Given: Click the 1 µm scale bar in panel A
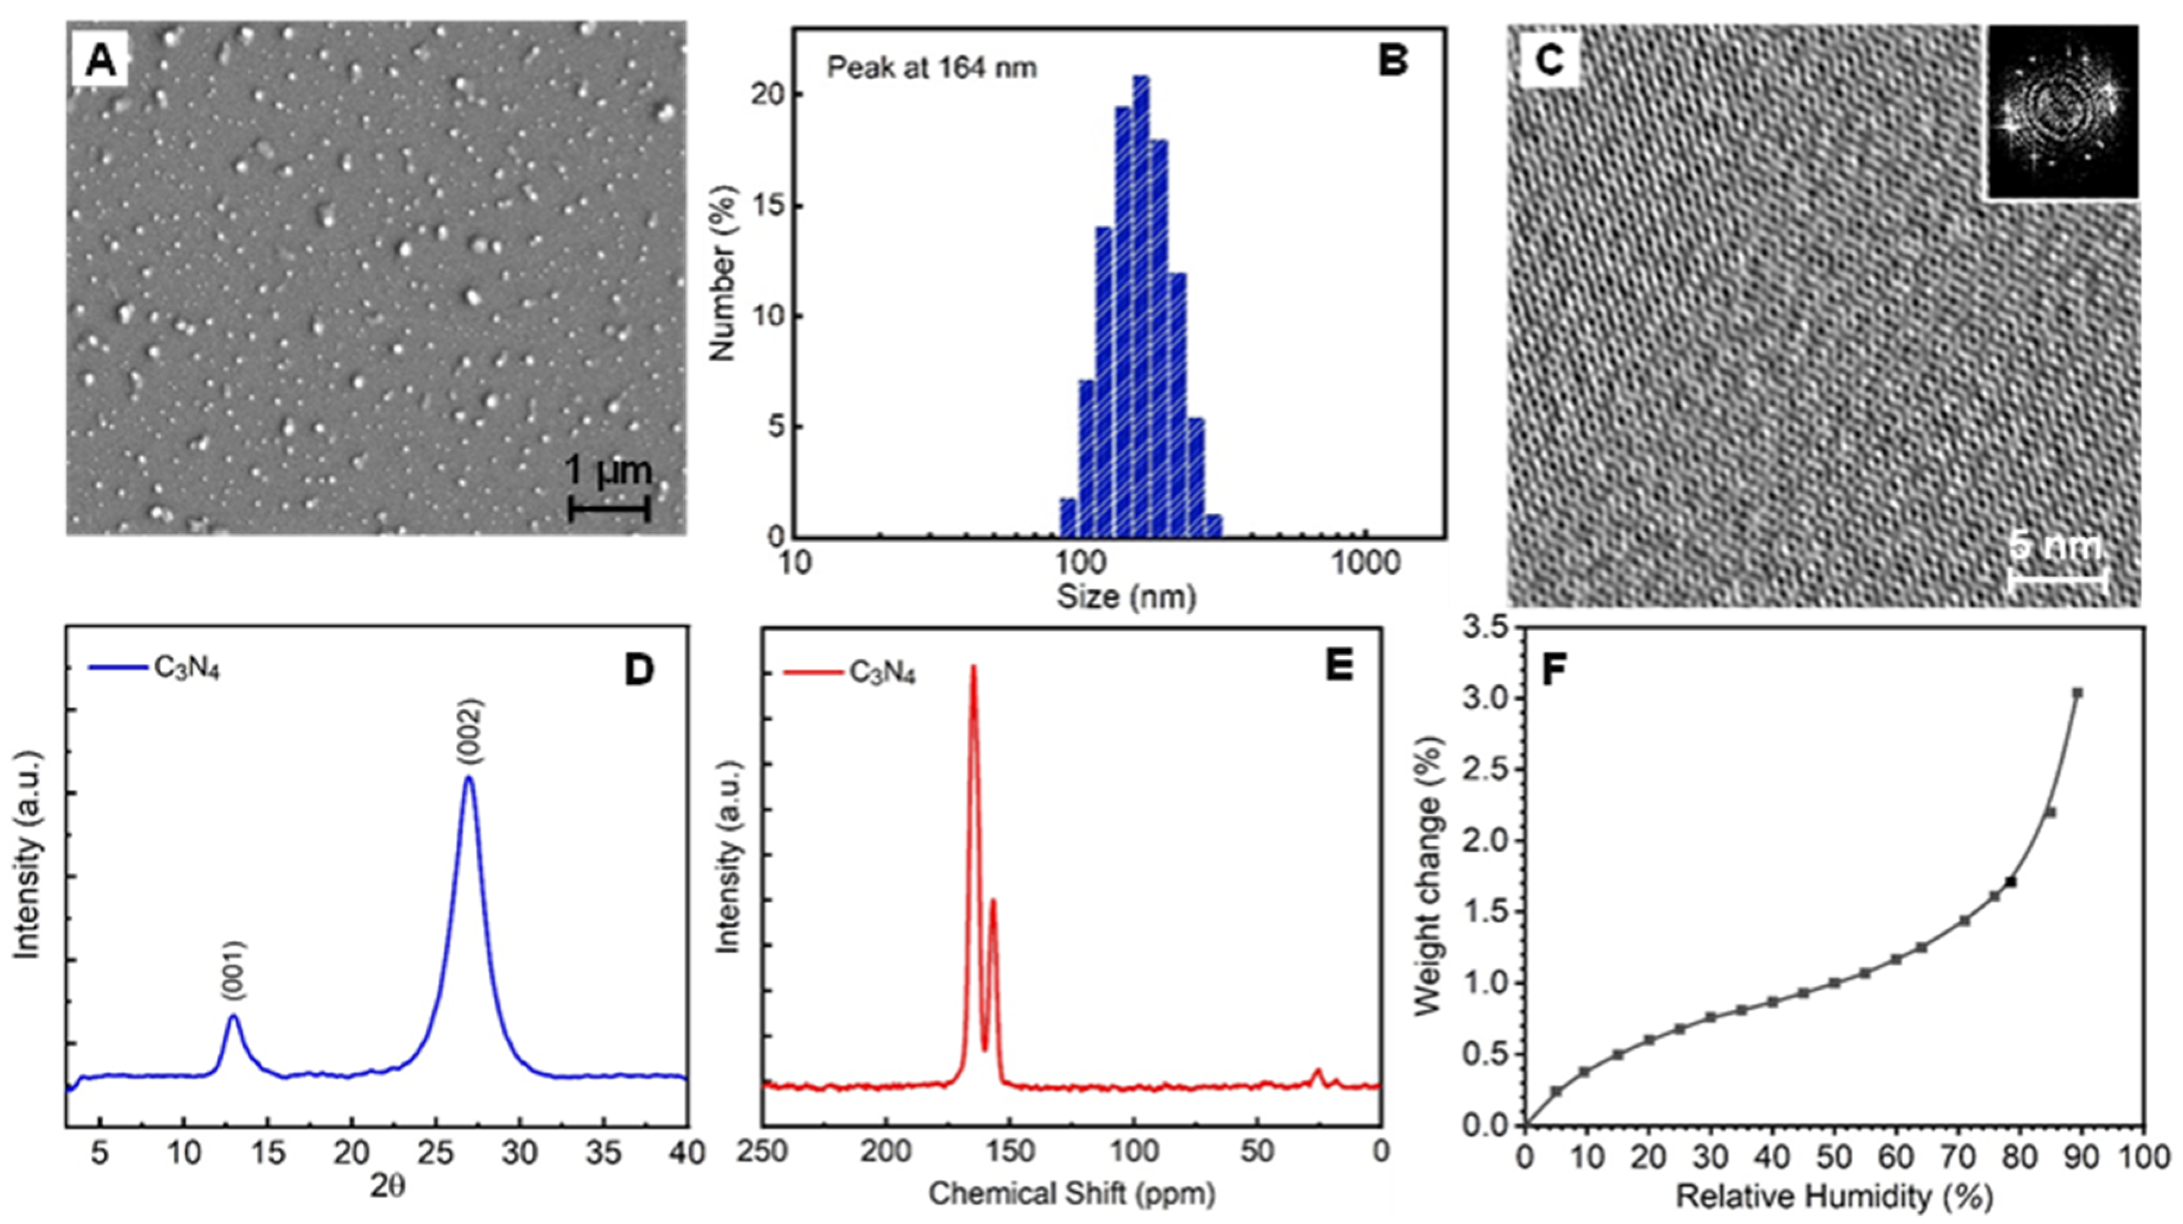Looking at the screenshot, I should (609, 509).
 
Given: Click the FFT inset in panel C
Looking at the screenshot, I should (2062, 112).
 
